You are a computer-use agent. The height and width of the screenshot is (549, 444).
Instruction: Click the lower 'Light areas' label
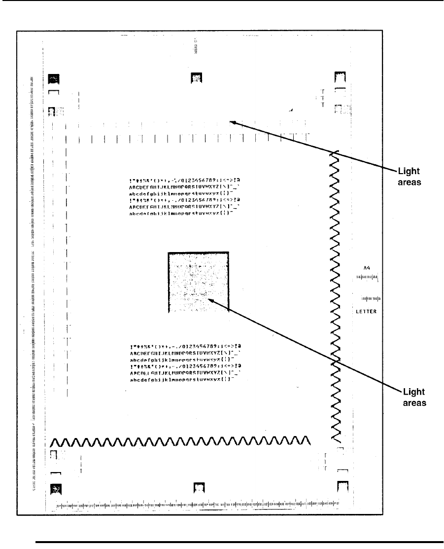tap(414, 397)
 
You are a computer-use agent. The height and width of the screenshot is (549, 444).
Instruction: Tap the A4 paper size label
tap(366, 268)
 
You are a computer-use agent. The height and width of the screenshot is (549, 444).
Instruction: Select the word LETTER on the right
tap(366, 311)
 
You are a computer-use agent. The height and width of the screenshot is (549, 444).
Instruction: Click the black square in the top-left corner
tap(53, 78)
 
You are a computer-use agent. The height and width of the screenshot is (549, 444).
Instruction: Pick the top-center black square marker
tap(197, 77)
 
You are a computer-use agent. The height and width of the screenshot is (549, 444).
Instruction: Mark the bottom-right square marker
tap(342, 487)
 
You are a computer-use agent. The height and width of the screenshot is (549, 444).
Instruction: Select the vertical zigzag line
tap(334, 296)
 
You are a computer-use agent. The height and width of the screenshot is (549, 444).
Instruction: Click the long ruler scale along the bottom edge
tap(197, 505)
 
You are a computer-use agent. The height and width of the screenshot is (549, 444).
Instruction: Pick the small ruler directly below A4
tap(367, 278)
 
